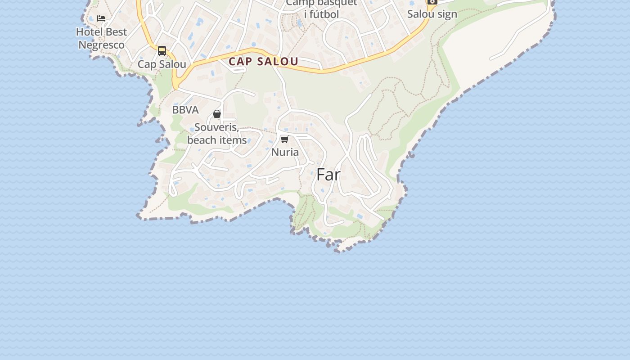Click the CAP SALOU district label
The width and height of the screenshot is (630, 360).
[263, 62]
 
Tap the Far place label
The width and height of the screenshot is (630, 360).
[328, 175]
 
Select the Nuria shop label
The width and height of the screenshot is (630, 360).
[285, 152]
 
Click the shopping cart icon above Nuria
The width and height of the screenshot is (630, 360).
[284, 139]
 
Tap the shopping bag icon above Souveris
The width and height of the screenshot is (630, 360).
[217, 114]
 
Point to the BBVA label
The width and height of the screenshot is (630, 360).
[185, 110]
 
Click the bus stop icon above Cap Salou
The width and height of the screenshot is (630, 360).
[162, 51]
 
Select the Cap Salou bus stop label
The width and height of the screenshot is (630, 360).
[162, 64]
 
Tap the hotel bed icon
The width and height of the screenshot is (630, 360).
[101, 18]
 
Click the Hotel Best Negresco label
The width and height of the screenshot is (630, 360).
[101, 38]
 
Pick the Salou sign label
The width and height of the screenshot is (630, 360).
[432, 14]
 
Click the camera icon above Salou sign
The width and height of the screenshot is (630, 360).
[432, 2]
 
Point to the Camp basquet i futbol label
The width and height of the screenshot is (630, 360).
[322, 9]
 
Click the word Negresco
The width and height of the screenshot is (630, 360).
[101, 45]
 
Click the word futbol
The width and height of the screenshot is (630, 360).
[327, 14]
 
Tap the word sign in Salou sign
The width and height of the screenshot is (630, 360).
[447, 14]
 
